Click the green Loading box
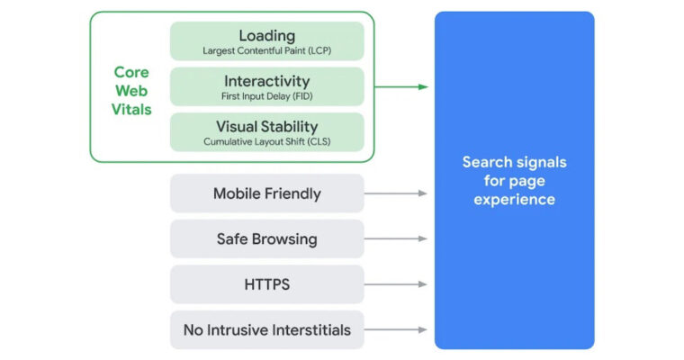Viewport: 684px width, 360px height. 266,40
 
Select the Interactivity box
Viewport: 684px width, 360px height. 266,86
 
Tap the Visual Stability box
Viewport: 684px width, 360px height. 266,131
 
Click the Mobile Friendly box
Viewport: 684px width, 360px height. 266,193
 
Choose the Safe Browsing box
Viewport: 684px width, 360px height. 266,238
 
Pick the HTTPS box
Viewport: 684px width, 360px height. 266,284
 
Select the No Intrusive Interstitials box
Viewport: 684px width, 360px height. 266,330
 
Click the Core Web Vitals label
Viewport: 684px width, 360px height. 132,90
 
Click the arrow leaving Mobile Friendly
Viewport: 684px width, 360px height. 396,193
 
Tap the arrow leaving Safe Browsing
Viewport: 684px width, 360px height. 396,238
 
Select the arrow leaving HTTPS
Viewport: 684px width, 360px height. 396,284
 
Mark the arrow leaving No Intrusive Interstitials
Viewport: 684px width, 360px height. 396,330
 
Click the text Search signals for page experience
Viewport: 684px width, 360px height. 514,180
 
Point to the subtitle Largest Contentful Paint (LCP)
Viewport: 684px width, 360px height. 266,50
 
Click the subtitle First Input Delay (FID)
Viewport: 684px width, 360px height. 266,95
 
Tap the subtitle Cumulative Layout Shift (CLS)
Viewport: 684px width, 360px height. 266,141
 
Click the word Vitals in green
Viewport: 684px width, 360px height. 132,110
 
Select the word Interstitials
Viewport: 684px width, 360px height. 304,330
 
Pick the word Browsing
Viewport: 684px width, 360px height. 285,239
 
